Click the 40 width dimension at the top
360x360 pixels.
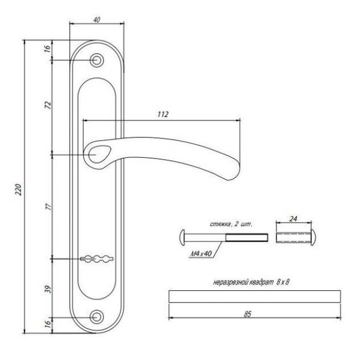pyautogui.click(x=97, y=20)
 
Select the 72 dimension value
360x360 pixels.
pyautogui.click(x=48, y=105)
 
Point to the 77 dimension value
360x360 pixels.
pyautogui.click(x=49, y=207)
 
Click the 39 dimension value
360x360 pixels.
pyautogui.click(x=48, y=289)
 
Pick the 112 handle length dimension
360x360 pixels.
pyautogui.click(x=163, y=114)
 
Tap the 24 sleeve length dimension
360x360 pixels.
pyautogui.click(x=293, y=219)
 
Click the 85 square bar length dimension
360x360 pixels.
pyautogui.click(x=248, y=314)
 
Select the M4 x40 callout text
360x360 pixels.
pyautogui.click(x=201, y=254)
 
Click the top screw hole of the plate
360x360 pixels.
pyautogui.click(x=96, y=60)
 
